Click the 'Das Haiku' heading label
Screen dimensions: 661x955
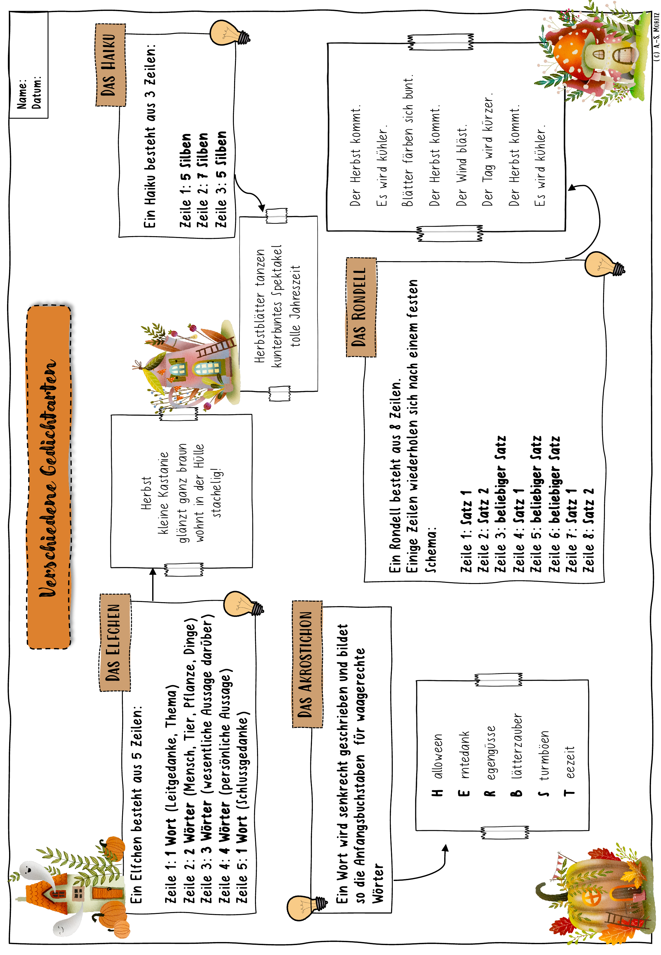pos(110,65)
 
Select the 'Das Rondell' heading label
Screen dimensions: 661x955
pos(361,307)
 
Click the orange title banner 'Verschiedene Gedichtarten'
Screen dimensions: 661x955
pos(49,477)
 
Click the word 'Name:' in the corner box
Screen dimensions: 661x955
pos(21,94)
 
